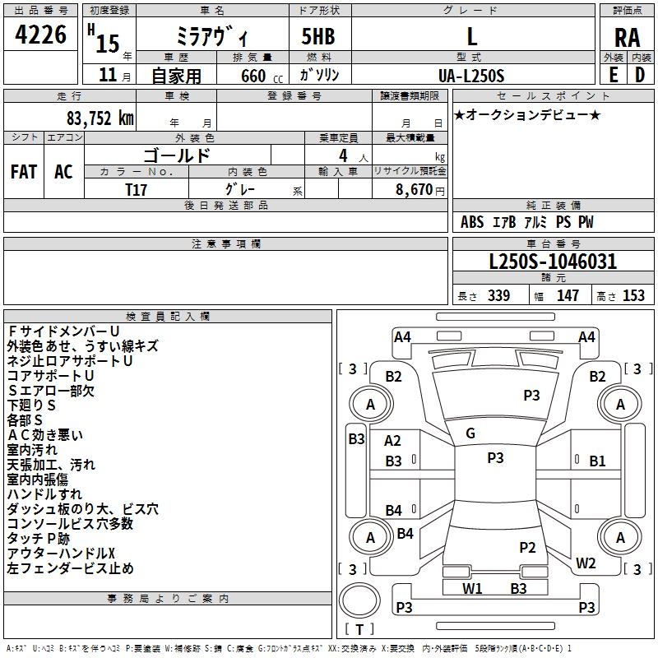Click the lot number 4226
coord(40,35)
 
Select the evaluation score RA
coord(628,38)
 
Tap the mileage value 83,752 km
coord(100,118)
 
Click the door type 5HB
coord(318,36)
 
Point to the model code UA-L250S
coord(471,76)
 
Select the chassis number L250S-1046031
coord(553,262)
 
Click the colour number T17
coord(136,190)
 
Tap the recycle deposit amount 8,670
coord(414,190)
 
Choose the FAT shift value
coord(24,172)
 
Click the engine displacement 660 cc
coord(262,76)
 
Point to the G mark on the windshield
coord(470,433)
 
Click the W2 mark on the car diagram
coord(586,563)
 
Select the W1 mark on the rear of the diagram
coord(472,588)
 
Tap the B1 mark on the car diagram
coord(597,461)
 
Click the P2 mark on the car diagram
coord(527,547)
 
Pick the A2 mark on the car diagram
coord(392,441)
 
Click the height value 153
coord(633,295)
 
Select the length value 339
coord(499,295)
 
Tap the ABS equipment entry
coord(472,222)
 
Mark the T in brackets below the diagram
coord(359,629)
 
